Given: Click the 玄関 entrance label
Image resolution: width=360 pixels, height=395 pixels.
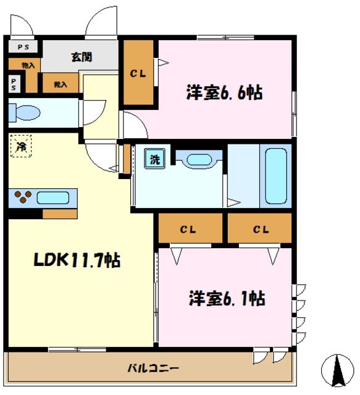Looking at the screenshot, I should tap(81, 57).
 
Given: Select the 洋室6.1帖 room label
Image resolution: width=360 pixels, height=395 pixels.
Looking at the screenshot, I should tap(227, 299).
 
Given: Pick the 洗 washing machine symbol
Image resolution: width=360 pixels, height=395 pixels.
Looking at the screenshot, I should tap(153, 160).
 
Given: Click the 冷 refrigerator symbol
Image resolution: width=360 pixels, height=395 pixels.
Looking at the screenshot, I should tap(21, 146).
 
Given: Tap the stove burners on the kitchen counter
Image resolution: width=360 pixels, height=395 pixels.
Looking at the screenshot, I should tap(24, 197).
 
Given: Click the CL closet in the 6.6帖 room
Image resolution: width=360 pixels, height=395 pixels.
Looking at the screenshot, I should tap(138, 73).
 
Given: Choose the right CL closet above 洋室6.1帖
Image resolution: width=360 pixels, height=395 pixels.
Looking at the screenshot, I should tap(260, 230).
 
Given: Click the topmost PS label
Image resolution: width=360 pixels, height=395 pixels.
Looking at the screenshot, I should tap(22, 46).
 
